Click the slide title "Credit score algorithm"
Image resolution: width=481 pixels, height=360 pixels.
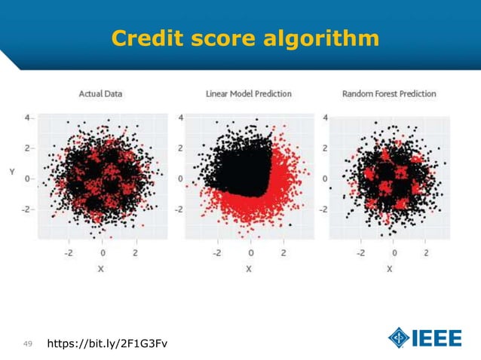(245, 38)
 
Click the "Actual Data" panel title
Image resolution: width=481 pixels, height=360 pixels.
(100, 94)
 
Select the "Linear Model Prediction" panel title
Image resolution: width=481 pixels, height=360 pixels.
(248, 94)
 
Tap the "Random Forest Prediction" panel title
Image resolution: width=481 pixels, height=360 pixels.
(389, 94)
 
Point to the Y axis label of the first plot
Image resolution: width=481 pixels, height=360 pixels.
(11, 172)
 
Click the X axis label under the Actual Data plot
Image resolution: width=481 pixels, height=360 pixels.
(102, 268)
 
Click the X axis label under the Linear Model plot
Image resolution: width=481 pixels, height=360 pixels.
(249, 268)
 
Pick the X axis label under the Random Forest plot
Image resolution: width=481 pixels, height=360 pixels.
(390, 268)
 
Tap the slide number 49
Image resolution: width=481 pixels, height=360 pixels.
(27, 344)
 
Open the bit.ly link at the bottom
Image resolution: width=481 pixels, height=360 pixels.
(107, 344)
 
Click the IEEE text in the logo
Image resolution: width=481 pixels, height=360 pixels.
(437, 338)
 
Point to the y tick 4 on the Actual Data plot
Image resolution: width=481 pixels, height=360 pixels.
(26, 117)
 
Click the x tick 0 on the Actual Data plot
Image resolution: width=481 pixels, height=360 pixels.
(103, 252)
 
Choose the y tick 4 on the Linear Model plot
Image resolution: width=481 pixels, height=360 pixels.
(180, 117)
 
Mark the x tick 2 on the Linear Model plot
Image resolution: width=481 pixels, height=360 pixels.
(283, 252)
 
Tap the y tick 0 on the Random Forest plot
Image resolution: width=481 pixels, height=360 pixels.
(325, 179)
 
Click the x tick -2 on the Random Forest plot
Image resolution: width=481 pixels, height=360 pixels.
(359, 252)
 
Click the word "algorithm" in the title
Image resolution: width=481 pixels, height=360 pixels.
(323, 38)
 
